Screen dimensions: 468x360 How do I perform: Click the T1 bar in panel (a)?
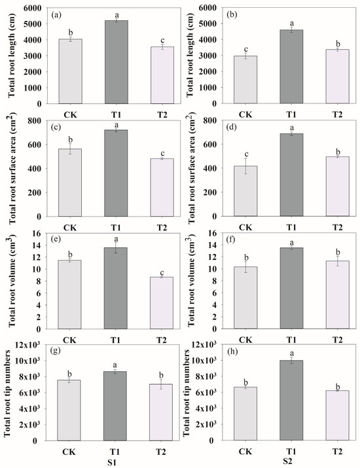click(x=115, y=62)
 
